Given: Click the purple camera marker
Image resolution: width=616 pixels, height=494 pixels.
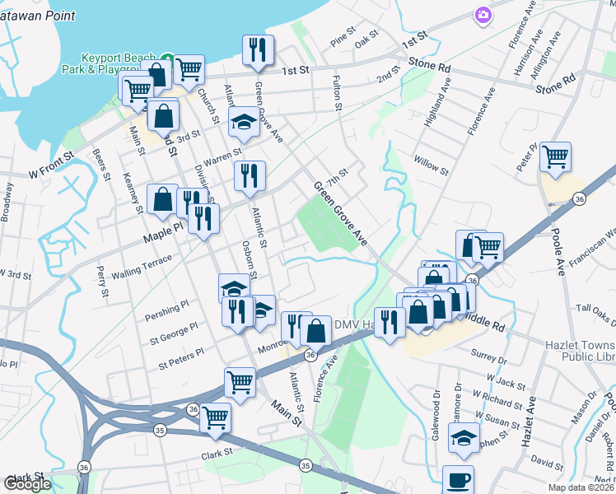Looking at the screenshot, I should point(482,14).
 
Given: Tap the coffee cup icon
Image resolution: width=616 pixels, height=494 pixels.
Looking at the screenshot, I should point(458,480).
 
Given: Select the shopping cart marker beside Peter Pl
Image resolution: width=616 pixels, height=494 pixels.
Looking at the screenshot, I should point(556,156).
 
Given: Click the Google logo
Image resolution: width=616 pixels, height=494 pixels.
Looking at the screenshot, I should point(27,484).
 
